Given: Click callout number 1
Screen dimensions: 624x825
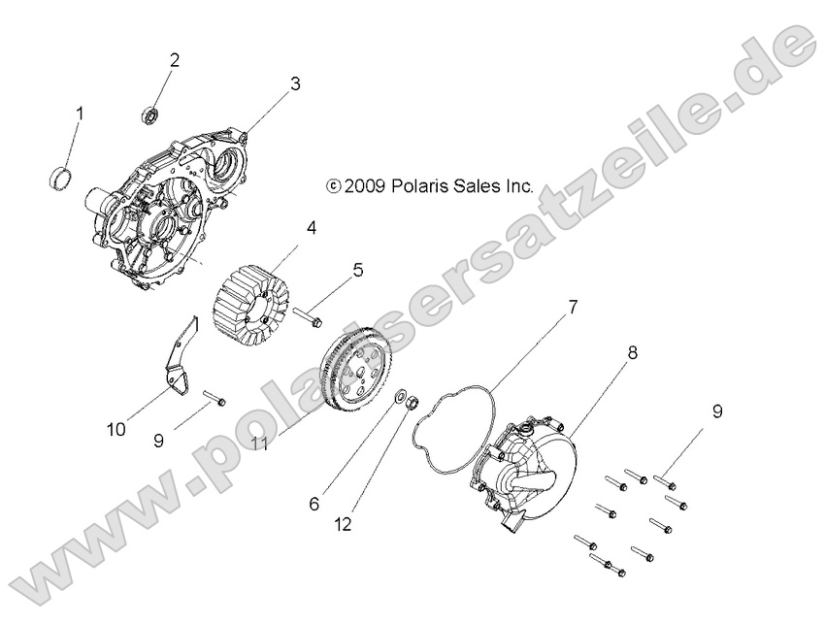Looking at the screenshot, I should point(79,114).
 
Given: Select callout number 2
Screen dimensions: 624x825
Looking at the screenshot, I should point(175,60).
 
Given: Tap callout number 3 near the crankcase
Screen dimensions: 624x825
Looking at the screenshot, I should point(294,84).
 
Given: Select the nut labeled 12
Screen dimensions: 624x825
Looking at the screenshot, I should point(412,400).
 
